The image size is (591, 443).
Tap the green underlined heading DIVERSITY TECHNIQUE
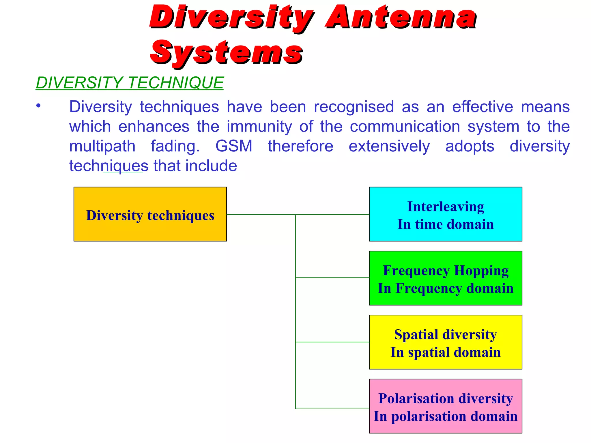coord(130,83)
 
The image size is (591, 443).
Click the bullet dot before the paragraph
coord(38,106)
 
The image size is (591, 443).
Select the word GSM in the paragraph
coord(234,146)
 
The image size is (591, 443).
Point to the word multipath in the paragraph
coord(102,146)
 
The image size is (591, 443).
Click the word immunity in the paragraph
coord(259,127)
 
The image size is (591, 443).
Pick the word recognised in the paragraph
coord(354,107)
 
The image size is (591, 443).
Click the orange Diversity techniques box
coord(150,214)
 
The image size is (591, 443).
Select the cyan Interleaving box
coord(445,214)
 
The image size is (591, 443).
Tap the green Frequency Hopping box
coord(445,278)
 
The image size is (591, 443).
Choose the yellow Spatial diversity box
coord(445,342)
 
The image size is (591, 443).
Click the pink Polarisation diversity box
coord(445,406)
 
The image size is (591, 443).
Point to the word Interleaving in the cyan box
coord(446,207)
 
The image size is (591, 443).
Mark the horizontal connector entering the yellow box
coord(332,342)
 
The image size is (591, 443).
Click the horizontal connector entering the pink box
coord(332,408)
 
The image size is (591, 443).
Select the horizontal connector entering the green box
coord(332,278)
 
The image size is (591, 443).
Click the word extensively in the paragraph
coord(389,146)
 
